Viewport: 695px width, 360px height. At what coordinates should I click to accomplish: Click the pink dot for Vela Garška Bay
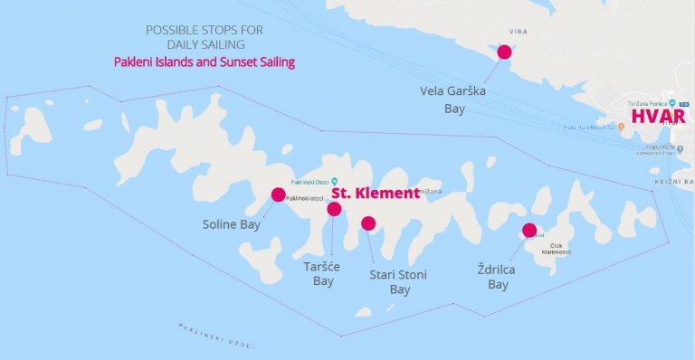504,52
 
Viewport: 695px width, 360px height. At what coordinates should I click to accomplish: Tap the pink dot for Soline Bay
278,194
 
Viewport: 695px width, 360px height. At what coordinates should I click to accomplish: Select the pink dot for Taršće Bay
334,209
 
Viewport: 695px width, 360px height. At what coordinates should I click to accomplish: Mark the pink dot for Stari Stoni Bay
367,223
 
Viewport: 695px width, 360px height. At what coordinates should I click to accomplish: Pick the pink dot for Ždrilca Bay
529,230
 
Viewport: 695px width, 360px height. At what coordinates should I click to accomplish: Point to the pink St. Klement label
374,194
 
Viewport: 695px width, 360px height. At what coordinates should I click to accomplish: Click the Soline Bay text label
232,223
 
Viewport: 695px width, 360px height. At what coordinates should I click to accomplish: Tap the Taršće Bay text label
323,274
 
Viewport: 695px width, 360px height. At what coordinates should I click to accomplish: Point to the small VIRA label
519,32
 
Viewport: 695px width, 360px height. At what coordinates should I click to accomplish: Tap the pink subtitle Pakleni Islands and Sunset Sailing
205,62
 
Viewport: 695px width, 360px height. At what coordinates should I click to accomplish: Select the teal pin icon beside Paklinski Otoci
335,179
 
